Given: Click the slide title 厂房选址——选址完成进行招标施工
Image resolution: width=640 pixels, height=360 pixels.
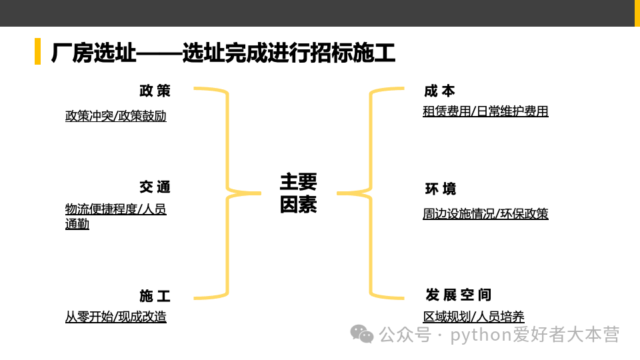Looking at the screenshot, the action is (223, 52).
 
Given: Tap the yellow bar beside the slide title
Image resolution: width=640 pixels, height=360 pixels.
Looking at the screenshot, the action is (37, 51).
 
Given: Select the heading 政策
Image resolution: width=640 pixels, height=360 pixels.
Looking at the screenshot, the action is (155, 91).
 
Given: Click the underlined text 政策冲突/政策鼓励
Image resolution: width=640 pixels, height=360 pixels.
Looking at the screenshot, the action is (116, 116).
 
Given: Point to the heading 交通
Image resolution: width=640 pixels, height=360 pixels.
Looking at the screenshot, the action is (155, 187).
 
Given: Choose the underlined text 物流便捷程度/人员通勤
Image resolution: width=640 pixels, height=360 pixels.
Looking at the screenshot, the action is (116, 216).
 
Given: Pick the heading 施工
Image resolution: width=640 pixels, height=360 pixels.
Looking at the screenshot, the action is (155, 296).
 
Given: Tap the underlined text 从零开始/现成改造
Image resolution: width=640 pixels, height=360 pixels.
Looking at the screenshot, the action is (116, 317).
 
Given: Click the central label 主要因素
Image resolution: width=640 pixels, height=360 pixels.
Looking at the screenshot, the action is (298, 193).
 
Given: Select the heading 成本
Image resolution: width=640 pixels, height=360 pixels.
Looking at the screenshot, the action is (439, 91).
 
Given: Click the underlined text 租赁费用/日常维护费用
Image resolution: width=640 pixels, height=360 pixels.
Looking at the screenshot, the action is (485, 111).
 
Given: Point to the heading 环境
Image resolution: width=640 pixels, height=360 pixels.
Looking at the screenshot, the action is (440, 189).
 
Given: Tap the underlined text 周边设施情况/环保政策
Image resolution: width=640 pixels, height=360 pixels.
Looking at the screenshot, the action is (485, 214).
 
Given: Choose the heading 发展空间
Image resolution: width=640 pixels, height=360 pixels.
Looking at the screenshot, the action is (458, 295).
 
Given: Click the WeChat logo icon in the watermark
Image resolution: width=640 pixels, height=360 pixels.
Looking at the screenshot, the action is (362, 334).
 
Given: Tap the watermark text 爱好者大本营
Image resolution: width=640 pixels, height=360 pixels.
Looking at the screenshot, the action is (566, 334).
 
